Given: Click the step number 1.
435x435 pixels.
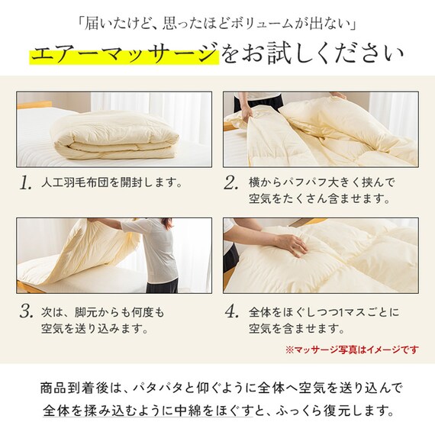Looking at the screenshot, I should tap(27, 183).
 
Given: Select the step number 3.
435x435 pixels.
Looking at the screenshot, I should tap(27, 312).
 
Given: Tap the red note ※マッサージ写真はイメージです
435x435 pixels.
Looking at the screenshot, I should tap(352, 350).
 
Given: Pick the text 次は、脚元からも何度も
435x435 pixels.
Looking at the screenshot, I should tap(104, 313).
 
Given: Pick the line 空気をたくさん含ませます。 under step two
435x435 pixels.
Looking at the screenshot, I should tap(308, 201).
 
